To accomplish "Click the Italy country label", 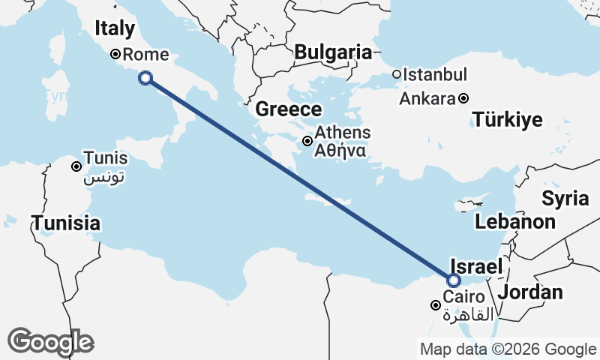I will pyautogui.click(x=115, y=28).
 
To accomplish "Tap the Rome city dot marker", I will pyautogui.click(x=115, y=54).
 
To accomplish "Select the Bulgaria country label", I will pyautogui.click(x=333, y=52).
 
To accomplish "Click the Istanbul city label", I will pyautogui.click(x=435, y=75).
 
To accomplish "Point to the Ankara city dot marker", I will pyautogui.click(x=464, y=98).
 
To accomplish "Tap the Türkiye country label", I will pyautogui.click(x=507, y=120).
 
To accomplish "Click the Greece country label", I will pyautogui.click(x=289, y=109).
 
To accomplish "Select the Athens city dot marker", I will pyautogui.click(x=307, y=141).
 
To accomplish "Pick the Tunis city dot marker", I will pyautogui.click(x=76, y=166).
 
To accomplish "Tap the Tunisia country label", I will pyautogui.click(x=65, y=223).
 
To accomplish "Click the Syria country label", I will pyautogui.click(x=565, y=199).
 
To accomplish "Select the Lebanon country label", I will pyautogui.click(x=514, y=222).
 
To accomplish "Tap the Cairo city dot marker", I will pyautogui.click(x=435, y=305).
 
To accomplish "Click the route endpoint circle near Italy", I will pyautogui.click(x=145, y=77).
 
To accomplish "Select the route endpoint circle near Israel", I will pyautogui.click(x=453, y=280).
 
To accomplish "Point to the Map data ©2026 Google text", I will pyautogui.click(x=508, y=349).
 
